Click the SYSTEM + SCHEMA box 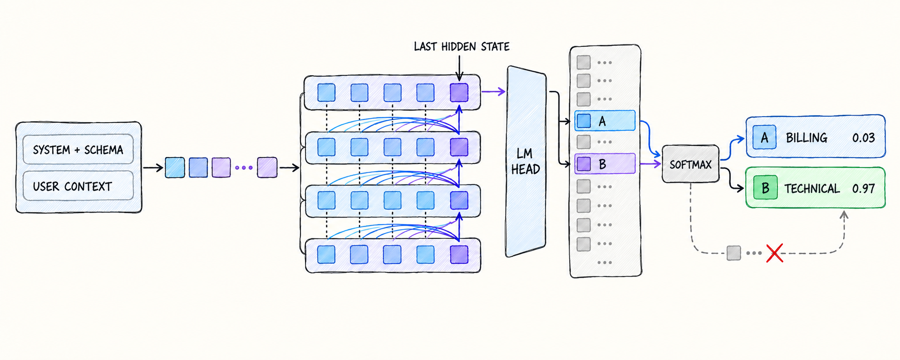(x=78, y=149)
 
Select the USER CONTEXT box (x=78, y=186)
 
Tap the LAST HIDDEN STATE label (x=462, y=46)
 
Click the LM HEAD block (x=526, y=161)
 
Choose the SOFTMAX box (x=690, y=164)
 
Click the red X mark (x=774, y=253)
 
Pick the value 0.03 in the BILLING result (x=863, y=138)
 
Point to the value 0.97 (x=863, y=188)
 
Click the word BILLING (x=807, y=138)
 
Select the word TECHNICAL (x=812, y=188)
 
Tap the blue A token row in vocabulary (x=605, y=121)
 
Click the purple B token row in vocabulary (x=605, y=164)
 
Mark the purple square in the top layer (x=459, y=92)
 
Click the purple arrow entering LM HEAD (x=493, y=92)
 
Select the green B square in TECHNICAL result (x=765, y=188)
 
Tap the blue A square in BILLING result (x=764, y=137)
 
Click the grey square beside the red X (x=733, y=253)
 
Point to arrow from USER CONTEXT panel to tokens (x=153, y=168)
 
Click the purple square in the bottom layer (x=459, y=255)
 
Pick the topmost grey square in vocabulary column (x=584, y=62)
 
